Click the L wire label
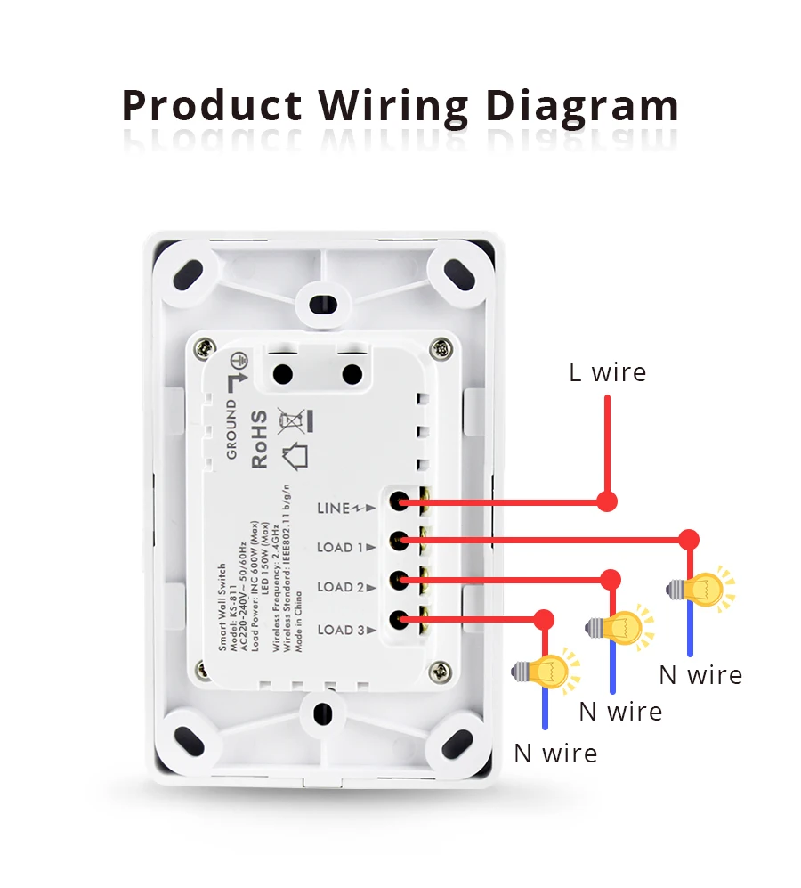(608, 372)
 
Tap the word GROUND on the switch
(231, 429)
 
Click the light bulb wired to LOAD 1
(707, 588)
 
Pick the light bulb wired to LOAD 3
(548, 669)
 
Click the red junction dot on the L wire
(607, 501)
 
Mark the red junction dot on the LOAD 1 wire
(689, 540)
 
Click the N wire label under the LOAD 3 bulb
(555, 754)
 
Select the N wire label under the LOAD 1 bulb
(700, 675)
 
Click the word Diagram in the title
(582, 106)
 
